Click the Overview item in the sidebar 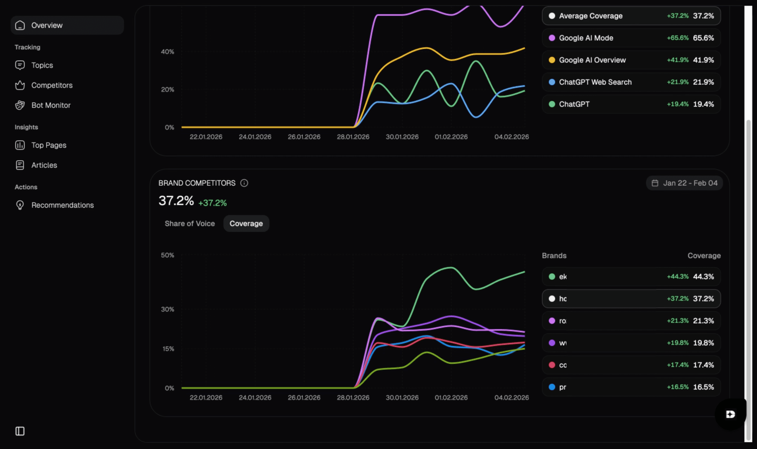[47, 25]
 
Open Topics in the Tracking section [42, 65]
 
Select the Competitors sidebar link [52, 85]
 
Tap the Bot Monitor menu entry [51, 105]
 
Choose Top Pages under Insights [49, 145]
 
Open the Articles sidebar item [44, 165]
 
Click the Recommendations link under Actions [62, 205]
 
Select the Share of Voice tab [190, 224]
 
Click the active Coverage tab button [246, 224]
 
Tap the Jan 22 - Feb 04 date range [684, 183]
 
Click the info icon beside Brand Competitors [244, 183]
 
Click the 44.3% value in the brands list [703, 277]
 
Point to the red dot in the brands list [552, 365]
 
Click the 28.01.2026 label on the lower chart [353, 397]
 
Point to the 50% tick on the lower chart [167, 255]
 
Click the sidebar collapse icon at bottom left [20, 431]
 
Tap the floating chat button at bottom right [730, 414]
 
